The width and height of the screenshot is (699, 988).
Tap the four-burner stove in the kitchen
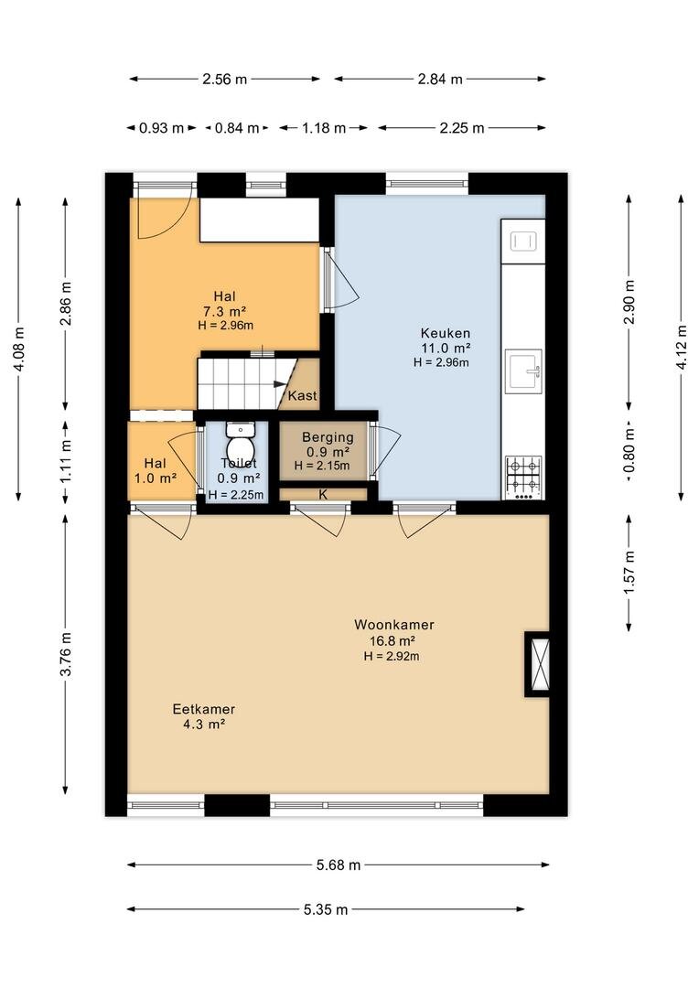point(523,478)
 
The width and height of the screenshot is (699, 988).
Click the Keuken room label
point(446,333)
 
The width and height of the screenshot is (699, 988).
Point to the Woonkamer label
point(394,625)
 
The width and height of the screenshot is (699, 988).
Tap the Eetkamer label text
point(204,709)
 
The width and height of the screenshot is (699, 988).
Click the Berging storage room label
point(328,437)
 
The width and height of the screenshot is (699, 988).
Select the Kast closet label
point(303,396)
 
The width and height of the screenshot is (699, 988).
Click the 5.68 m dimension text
point(339,865)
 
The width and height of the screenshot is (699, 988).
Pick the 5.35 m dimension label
point(326,909)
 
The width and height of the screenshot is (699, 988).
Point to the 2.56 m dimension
point(224,80)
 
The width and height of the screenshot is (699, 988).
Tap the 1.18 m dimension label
point(324,128)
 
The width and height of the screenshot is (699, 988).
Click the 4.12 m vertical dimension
point(682,348)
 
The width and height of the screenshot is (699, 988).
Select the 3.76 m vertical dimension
point(66,653)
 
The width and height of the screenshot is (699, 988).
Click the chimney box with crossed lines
point(539,664)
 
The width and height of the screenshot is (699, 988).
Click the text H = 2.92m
point(392,656)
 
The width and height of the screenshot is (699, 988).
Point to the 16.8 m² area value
point(393,640)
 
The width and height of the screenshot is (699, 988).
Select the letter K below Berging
point(323,495)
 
